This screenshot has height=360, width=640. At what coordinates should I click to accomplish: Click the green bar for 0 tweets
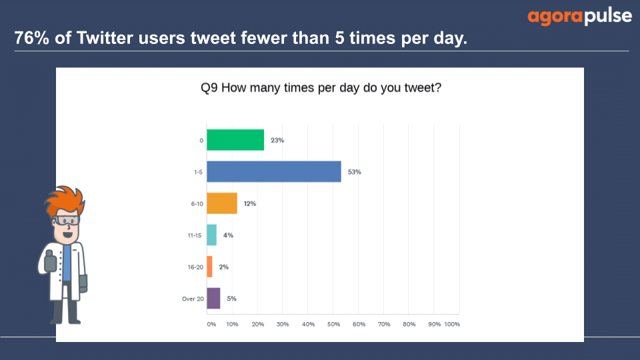(x=235, y=140)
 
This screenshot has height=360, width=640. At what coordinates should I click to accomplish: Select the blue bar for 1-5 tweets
(x=274, y=171)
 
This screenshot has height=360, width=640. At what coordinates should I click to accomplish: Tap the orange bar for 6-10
(x=222, y=203)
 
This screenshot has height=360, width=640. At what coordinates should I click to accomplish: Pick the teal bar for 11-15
(x=212, y=235)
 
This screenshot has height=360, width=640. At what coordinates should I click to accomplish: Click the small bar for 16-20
(x=210, y=267)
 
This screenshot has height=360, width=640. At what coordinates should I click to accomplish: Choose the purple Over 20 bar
(x=213, y=299)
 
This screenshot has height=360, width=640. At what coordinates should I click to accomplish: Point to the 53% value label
(x=354, y=172)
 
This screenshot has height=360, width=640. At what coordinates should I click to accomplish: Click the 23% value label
(x=277, y=140)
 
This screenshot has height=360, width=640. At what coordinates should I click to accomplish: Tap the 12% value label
(x=250, y=203)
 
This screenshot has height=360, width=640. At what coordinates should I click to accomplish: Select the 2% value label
(x=224, y=267)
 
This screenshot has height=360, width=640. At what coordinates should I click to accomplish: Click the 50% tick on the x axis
(x=333, y=324)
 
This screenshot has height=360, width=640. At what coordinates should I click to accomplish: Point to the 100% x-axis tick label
(x=452, y=324)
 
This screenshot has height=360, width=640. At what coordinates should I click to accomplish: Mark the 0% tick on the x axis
(x=211, y=324)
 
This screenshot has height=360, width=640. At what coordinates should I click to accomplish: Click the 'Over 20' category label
(x=193, y=299)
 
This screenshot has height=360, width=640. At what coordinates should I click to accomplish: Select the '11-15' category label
(x=194, y=235)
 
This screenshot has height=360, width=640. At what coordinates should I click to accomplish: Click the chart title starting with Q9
(x=321, y=88)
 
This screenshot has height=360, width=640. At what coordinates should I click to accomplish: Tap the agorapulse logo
(x=579, y=17)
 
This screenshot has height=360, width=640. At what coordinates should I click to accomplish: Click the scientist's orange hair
(x=65, y=200)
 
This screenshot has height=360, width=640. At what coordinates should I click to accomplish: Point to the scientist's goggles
(x=66, y=221)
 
